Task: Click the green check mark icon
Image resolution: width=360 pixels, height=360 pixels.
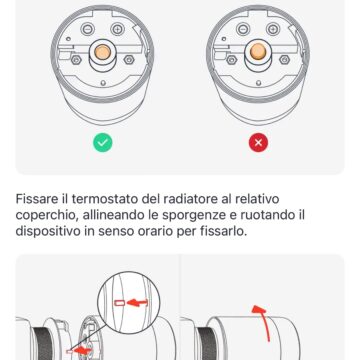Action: point(101,143)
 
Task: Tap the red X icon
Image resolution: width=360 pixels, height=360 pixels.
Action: point(259,143)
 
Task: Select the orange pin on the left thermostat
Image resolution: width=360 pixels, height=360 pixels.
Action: point(102,53)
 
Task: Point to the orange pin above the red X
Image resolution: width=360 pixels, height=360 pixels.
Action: point(259,51)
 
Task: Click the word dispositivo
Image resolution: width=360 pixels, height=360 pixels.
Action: point(54,234)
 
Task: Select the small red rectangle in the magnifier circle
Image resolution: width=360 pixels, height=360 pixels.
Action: point(124,302)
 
